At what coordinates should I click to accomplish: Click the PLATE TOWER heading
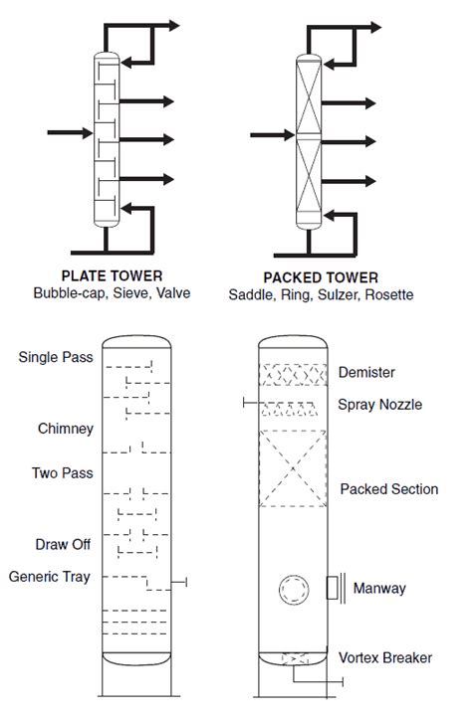113,275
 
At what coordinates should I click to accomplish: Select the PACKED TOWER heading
321,277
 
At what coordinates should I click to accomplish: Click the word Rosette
389,294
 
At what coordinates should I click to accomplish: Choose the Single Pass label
56,357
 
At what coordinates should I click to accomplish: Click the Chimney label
66,429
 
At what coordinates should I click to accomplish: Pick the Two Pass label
63,472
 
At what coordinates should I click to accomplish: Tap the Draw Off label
63,544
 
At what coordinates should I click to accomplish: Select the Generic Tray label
49,577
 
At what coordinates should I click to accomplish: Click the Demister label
366,372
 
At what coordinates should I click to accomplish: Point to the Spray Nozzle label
380,405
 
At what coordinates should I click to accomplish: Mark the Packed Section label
389,489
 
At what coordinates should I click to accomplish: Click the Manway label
379,589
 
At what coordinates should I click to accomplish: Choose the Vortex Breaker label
385,658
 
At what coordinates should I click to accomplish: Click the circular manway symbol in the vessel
294,576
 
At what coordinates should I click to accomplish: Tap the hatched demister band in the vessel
293,375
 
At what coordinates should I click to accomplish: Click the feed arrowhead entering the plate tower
88,133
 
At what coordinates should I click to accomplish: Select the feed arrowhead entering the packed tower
290,135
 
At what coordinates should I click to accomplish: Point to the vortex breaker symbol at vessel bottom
294,659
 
